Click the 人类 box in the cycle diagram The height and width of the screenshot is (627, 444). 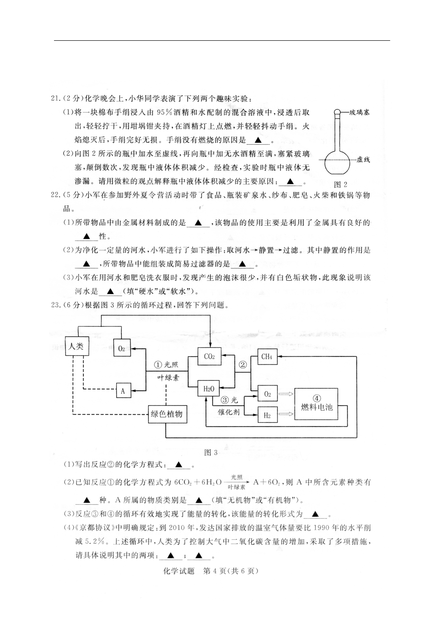pyautogui.click(x=77, y=346)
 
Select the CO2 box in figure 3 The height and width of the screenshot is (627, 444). pyautogui.click(x=209, y=356)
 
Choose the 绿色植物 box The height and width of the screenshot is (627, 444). pyautogui.click(x=167, y=414)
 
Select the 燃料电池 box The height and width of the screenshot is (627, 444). pyautogui.click(x=316, y=404)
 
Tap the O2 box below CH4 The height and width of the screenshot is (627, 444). pyautogui.click(x=267, y=393)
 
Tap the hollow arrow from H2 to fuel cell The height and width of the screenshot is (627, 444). pyautogui.click(x=286, y=414)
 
